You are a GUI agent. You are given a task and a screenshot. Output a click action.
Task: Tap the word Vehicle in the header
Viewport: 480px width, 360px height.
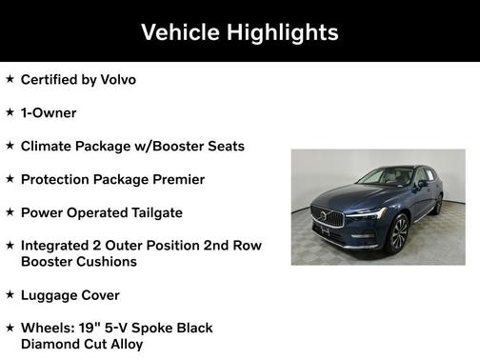point(179,32)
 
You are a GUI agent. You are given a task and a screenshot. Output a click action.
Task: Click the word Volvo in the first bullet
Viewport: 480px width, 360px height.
point(116,79)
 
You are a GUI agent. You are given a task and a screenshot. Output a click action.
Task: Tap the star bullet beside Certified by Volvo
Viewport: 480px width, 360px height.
point(10,79)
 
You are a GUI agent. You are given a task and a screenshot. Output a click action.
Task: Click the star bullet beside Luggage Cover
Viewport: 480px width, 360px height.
point(10,294)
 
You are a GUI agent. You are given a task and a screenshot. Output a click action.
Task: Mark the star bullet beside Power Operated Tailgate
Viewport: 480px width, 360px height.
point(10,212)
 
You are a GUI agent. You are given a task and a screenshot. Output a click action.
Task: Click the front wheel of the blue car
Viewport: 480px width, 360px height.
point(398,233)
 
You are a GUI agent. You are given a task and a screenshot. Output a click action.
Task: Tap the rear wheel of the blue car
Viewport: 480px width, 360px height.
point(438,203)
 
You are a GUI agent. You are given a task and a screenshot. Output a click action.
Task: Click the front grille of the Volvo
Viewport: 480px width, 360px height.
point(327,218)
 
